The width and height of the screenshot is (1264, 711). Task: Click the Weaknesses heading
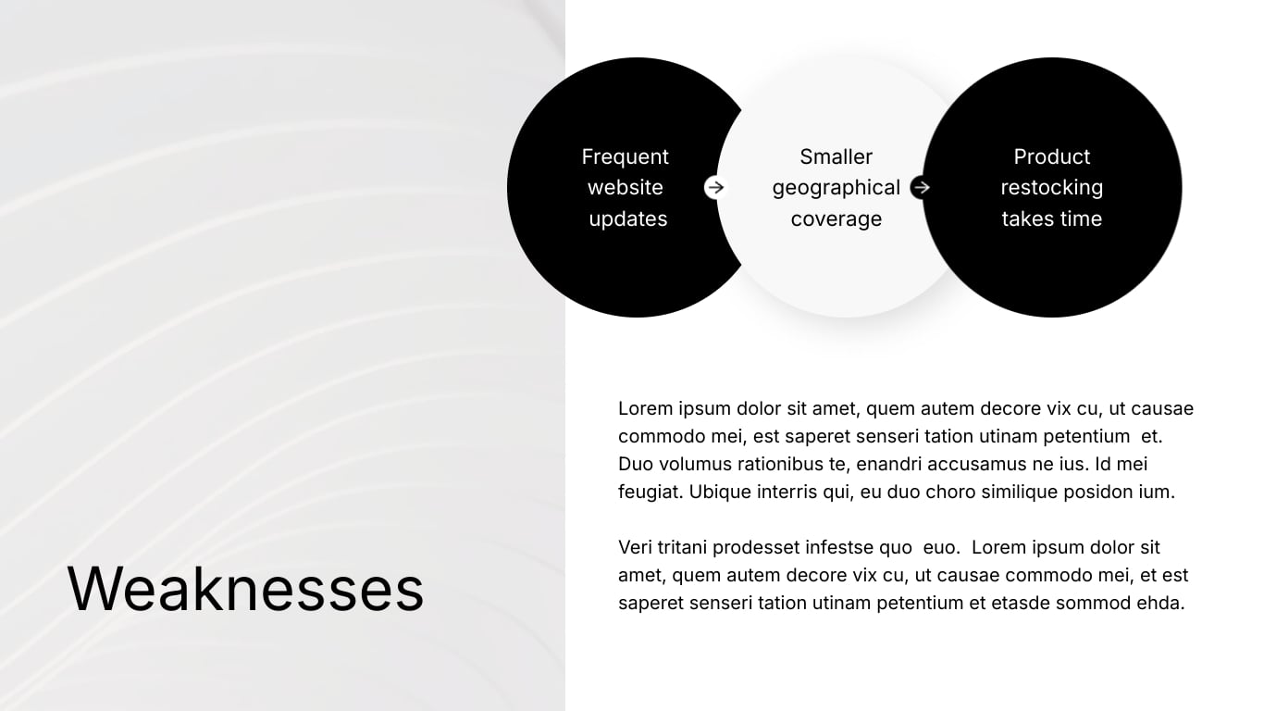click(x=245, y=589)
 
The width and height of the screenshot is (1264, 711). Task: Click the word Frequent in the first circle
click(x=625, y=157)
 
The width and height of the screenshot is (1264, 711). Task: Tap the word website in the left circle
click(x=625, y=188)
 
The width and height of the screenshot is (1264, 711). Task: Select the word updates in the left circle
click(x=627, y=219)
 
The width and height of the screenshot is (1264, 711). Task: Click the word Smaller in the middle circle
click(x=836, y=157)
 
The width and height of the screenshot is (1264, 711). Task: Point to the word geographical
click(x=836, y=188)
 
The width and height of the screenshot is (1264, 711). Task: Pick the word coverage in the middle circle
click(x=836, y=219)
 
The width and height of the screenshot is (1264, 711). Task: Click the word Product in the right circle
click(x=1051, y=157)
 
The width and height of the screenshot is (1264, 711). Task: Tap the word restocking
click(x=1051, y=188)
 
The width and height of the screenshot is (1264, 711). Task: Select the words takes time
click(x=1051, y=219)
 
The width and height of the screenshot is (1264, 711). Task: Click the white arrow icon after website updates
click(x=714, y=188)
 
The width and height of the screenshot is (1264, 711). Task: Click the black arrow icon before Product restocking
click(x=920, y=188)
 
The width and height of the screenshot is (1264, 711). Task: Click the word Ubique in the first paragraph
click(x=719, y=493)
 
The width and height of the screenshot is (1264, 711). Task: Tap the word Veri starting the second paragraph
click(x=636, y=548)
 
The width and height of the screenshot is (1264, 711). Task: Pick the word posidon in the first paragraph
click(x=1096, y=493)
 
